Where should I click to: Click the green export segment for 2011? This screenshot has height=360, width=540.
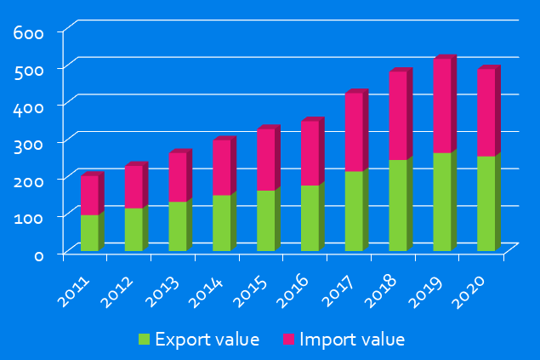(x=90, y=232)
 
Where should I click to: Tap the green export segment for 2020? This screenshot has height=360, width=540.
(x=486, y=203)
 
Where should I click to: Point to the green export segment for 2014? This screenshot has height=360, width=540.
(x=221, y=223)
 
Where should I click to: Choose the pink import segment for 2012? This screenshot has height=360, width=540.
(x=134, y=186)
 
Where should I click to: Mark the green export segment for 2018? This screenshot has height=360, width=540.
(x=398, y=205)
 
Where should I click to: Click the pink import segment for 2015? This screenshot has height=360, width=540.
(x=265, y=159)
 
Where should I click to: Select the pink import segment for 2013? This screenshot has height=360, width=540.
(x=178, y=177)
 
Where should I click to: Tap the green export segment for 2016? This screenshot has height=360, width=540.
(x=310, y=218)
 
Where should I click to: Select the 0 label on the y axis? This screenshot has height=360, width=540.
(x=37, y=254)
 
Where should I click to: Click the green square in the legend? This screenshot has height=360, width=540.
(x=144, y=340)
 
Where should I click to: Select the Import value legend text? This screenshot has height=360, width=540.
(x=352, y=340)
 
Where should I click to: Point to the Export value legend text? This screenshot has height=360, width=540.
(x=207, y=340)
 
